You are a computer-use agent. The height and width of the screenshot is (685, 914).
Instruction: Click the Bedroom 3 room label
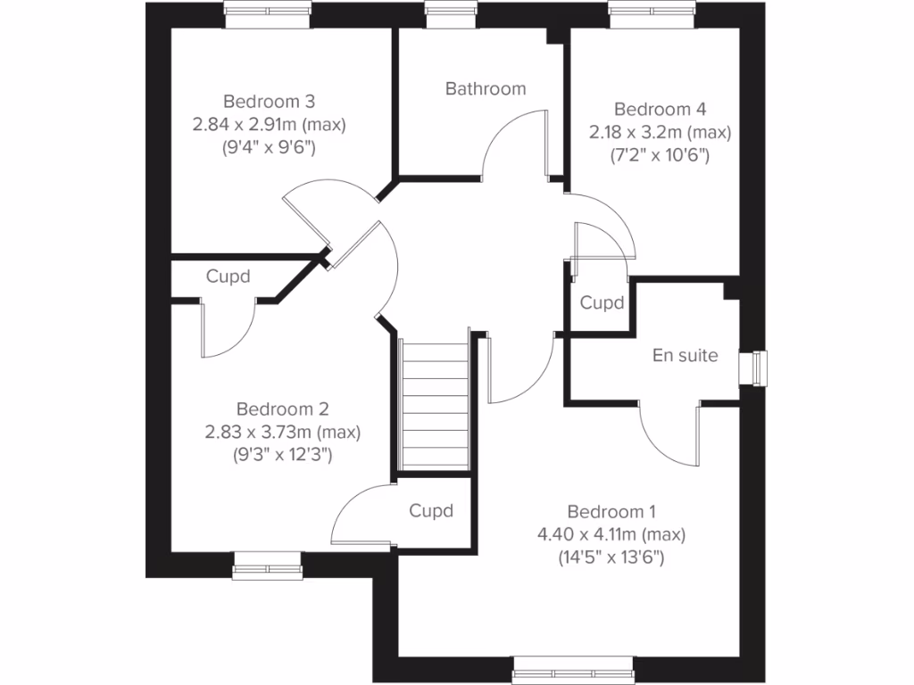point(269,101)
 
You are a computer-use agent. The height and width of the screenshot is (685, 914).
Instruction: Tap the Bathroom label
point(486,88)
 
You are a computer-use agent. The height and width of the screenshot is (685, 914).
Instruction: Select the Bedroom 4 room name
point(660,110)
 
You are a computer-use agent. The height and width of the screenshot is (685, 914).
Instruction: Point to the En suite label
point(685,355)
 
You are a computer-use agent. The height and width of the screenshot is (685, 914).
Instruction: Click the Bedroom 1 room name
point(611,512)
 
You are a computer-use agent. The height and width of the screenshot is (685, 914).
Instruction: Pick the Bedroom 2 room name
point(282,409)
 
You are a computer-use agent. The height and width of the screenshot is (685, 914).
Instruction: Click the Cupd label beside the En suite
point(602,303)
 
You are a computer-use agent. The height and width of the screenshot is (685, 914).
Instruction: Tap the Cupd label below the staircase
point(431,511)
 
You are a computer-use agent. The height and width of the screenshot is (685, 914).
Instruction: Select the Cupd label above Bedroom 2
point(228,276)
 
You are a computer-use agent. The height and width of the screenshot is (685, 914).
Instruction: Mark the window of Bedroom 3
point(268,12)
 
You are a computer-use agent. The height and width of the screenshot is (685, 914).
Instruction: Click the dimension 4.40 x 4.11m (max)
point(611,535)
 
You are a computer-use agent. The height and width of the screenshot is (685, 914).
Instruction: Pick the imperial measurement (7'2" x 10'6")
point(660,155)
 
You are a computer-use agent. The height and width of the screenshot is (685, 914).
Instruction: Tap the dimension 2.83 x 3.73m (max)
point(282,433)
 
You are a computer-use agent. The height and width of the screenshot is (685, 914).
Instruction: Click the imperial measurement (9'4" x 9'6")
point(269,147)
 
